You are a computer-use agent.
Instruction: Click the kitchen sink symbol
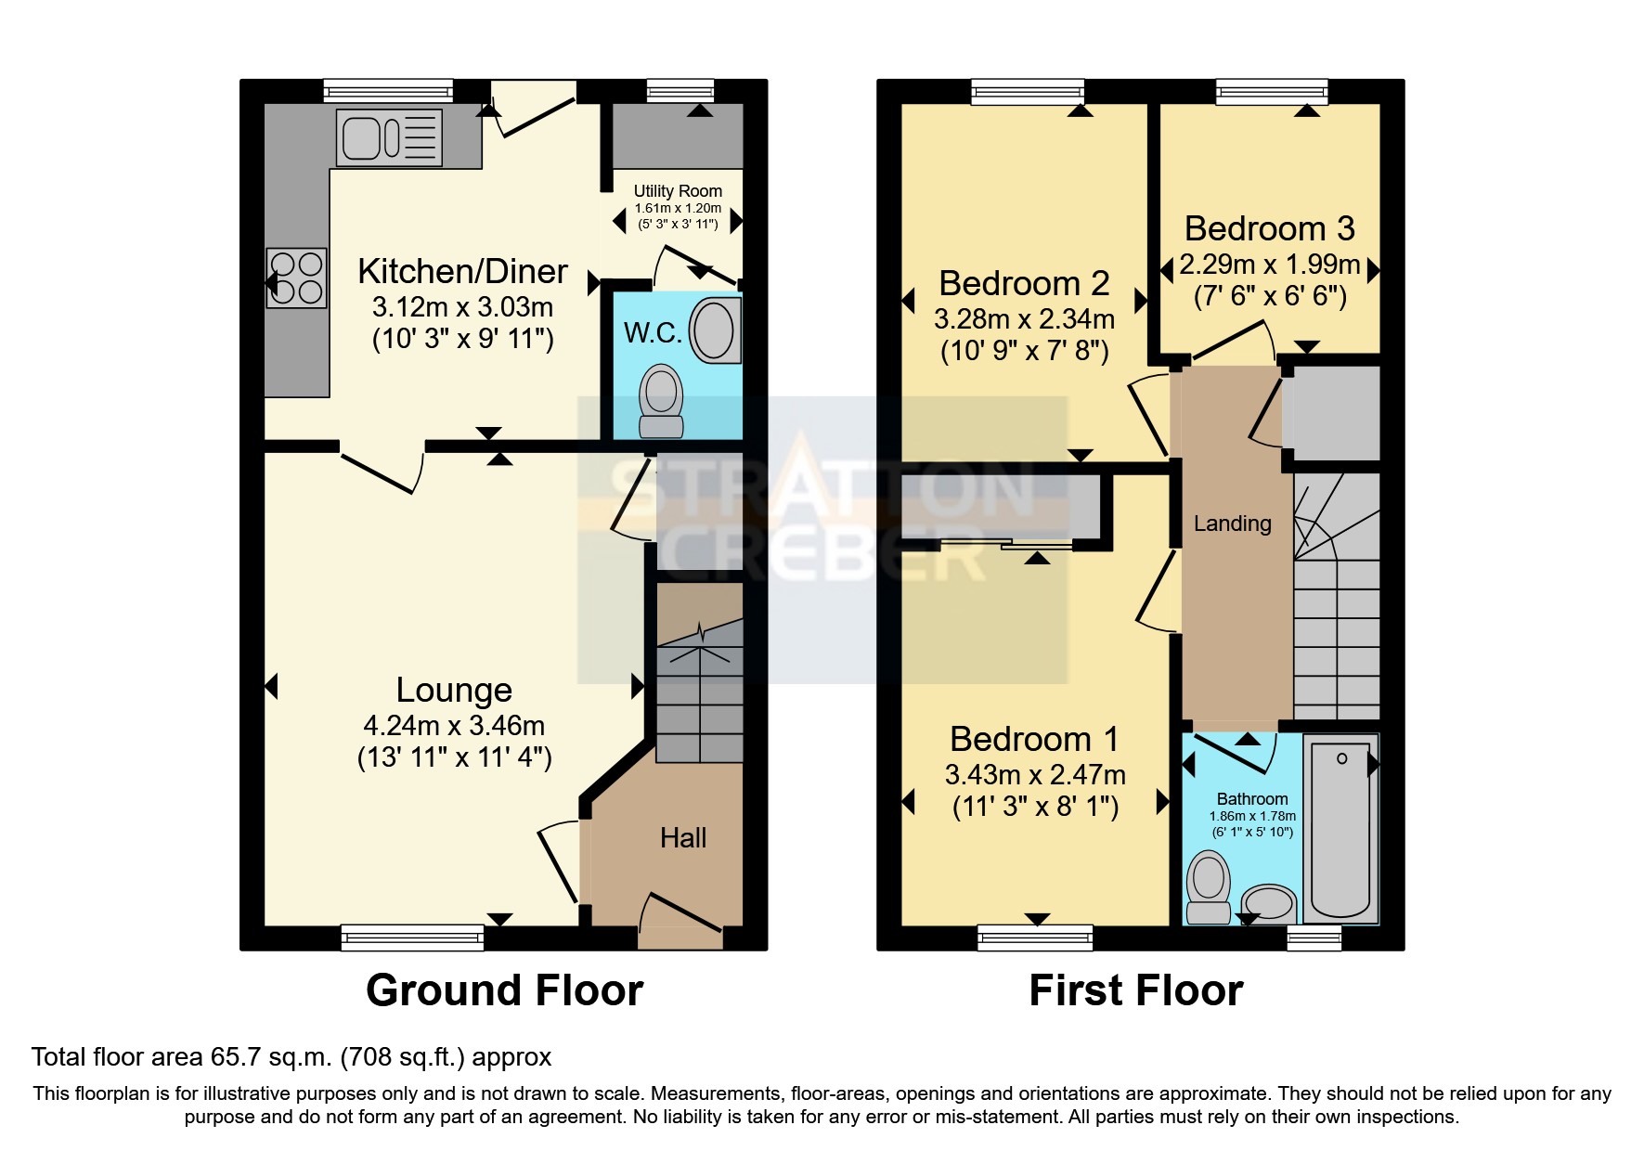(389, 138)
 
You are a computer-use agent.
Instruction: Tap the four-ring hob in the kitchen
(296, 278)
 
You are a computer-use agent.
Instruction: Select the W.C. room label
(653, 333)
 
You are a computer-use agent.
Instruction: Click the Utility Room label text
(678, 191)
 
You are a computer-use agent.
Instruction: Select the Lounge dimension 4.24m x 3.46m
(454, 725)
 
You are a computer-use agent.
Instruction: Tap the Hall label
(683, 838)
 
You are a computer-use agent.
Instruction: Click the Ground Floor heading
(504, 990)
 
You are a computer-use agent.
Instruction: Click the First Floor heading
(1135, 990)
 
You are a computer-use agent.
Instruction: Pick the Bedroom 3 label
(1269, 228)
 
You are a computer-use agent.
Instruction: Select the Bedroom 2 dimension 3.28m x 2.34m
(1024, 319)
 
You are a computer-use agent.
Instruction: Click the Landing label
(1232, 524)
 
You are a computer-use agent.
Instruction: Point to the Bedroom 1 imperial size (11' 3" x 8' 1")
(1035, 807)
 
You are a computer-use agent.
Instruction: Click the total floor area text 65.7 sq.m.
(291, 1057)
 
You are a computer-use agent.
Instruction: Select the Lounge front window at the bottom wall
(412, 937)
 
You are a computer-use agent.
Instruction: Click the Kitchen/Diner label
(462, 271)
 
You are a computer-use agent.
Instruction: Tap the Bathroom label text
(1251, 799)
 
